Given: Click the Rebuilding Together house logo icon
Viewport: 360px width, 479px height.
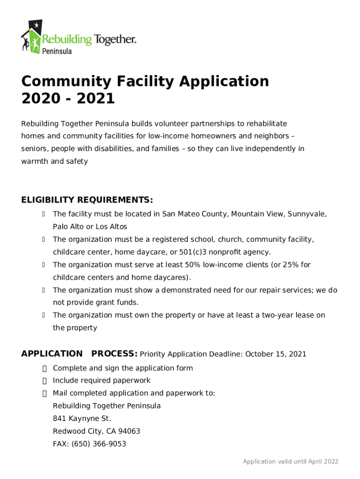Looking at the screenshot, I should point(31,36).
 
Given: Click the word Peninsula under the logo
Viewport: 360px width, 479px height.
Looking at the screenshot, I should point(58,51).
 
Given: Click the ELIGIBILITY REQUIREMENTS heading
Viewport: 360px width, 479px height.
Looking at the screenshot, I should point(87,200).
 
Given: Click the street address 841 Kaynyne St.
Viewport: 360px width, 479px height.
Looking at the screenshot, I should point(82,419).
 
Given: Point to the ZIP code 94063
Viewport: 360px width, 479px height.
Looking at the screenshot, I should point(130,431).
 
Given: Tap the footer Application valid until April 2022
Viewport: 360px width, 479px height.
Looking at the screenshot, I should point(290,462).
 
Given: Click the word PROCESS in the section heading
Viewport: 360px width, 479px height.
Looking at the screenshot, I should point(114,354).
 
